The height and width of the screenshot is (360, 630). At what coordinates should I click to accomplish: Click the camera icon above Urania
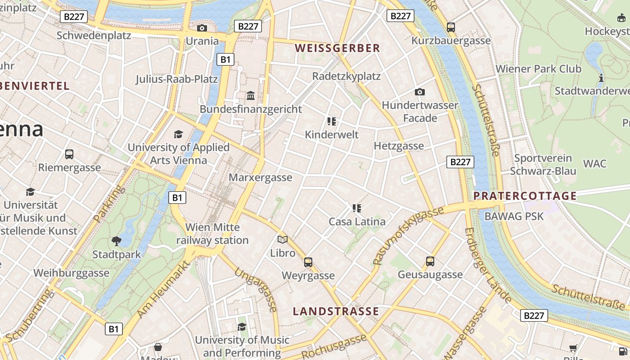[x=202, y=28]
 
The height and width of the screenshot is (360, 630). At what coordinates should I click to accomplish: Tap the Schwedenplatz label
[x=94, y=35]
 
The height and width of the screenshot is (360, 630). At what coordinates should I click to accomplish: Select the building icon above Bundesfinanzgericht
[x=251, y=96]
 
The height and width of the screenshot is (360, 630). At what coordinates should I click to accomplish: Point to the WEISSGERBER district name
[x=337, y=48]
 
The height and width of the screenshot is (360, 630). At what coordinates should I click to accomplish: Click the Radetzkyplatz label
[x=346, y=76]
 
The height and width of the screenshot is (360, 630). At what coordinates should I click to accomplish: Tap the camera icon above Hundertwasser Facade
[x=419, y=92]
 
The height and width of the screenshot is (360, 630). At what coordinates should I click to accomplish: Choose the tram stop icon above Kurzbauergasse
[x=451, y=27]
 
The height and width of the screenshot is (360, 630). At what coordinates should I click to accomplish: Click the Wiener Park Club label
[x=538, y=69]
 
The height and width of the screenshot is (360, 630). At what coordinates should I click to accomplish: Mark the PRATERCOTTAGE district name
[x=525, y=196]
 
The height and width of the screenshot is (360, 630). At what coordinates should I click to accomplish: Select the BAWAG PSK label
[x=514, y=216]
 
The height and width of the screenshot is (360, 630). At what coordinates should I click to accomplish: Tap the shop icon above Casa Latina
[x=357, y=208]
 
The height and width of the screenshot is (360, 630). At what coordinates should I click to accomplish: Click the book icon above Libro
[x=283, y=239]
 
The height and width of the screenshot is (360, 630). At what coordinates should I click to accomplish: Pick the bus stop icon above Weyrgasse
[x=308, y=262]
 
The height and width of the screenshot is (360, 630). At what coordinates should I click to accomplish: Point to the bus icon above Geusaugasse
[x=430, y=261]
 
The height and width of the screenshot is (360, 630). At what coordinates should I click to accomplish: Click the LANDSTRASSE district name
[x=336, y=311]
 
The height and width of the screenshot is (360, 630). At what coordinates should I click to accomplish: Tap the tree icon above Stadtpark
[x=117, y=241]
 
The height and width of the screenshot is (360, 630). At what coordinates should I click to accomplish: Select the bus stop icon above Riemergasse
[x=69, y=154]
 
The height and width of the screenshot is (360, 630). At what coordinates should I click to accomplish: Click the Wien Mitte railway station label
[x=212, y=234]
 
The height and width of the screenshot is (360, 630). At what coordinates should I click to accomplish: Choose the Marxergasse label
[x=261, y=177]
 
